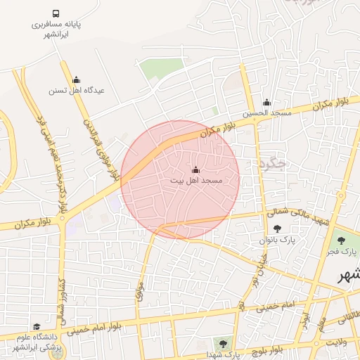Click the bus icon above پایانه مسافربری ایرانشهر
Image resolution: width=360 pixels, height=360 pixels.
(x=56, y=13)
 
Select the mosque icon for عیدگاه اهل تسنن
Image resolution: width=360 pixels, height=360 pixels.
(x=76, y=79)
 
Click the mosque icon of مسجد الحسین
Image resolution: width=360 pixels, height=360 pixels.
(x=266, y=103)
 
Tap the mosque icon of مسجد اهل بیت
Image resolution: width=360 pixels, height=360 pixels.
(x=195, y=170)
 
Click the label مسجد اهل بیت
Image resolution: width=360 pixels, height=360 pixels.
(x=195, y=181)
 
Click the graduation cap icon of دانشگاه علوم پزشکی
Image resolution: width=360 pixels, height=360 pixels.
(x=37, y=327)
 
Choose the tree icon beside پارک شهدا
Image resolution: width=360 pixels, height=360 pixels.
(x=223, y=344)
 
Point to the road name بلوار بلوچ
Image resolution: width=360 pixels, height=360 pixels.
(x=266, y=349)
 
